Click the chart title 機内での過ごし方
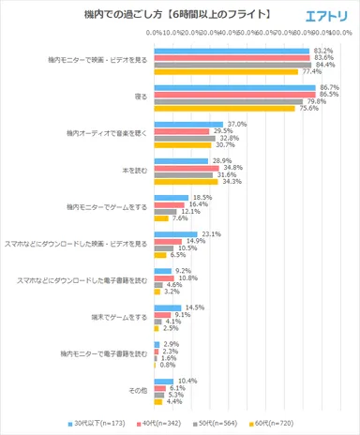[141, 14]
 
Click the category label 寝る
[141, 97]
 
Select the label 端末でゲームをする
[116, 316]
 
